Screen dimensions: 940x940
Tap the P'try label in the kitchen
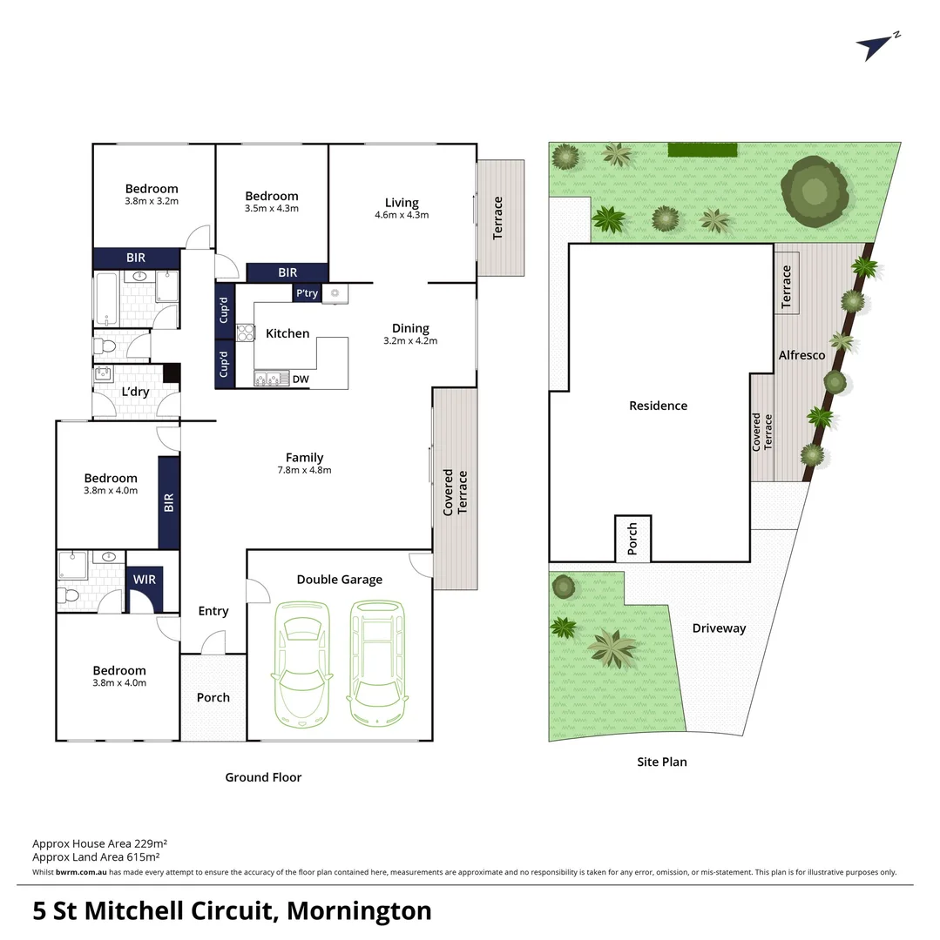click(307, 293)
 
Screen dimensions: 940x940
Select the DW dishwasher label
click(300, 379)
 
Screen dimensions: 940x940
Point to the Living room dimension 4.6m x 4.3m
click(402, 215)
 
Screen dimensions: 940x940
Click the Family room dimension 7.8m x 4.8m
click(304, 470)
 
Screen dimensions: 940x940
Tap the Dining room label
click(410, 328)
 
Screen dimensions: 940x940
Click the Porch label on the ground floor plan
click(213, 697)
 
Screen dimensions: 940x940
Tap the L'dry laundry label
click(135, 392)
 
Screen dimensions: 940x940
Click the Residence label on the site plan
click(658, 406)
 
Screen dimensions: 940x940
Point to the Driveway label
click(719, 628)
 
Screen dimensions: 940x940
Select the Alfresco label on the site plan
click(801, 355)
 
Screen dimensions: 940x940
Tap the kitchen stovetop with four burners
click(245, 333)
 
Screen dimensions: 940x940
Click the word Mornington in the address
click(359, 910)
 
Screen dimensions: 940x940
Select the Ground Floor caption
click(263, 777)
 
